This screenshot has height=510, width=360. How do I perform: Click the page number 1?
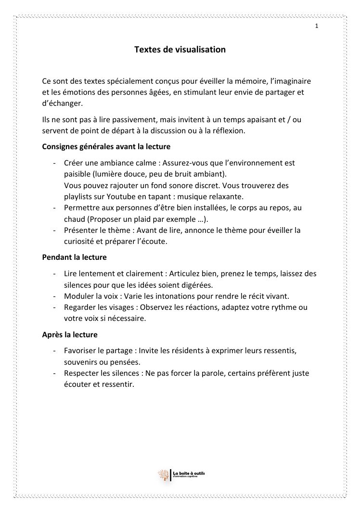point(317,26)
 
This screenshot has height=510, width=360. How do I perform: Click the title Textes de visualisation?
point(180,49)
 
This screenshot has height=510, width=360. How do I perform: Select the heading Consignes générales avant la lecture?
point(106,146)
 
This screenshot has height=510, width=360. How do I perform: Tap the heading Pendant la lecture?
point(75,257)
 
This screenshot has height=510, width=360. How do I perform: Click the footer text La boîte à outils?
point(189,473)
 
